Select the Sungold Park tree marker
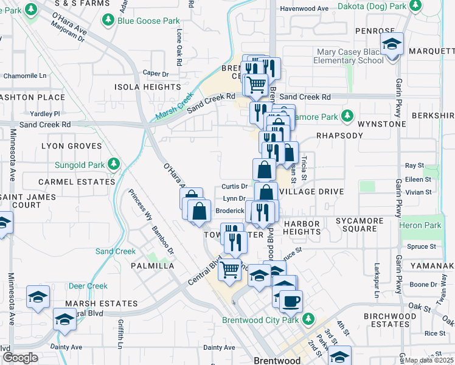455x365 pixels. tap(113, 164)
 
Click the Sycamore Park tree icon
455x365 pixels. tap(347, 116)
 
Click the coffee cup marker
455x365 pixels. tap(291, 301)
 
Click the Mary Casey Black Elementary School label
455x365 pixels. tap(357, 57)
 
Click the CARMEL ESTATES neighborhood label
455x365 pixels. tap(77, 182)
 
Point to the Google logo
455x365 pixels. tap(19, 357)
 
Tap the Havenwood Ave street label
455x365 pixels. tap(304, 9)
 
